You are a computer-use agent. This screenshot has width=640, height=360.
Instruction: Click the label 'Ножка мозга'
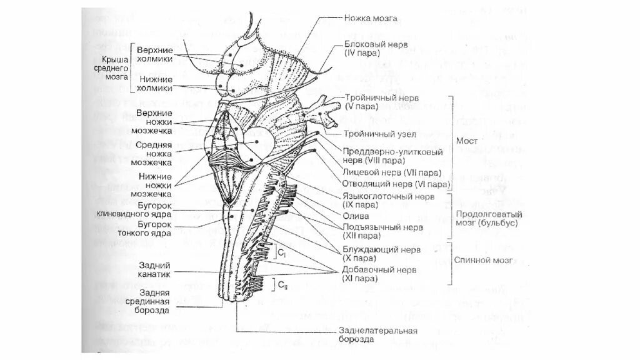point(370,19)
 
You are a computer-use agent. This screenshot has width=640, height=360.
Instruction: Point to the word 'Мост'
point(467,141)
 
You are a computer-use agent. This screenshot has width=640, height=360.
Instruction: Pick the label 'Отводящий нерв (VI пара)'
point(396,184)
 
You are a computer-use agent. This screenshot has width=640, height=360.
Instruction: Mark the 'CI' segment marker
point(282,253)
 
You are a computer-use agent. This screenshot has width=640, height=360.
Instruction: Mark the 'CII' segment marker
point(282,286)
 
